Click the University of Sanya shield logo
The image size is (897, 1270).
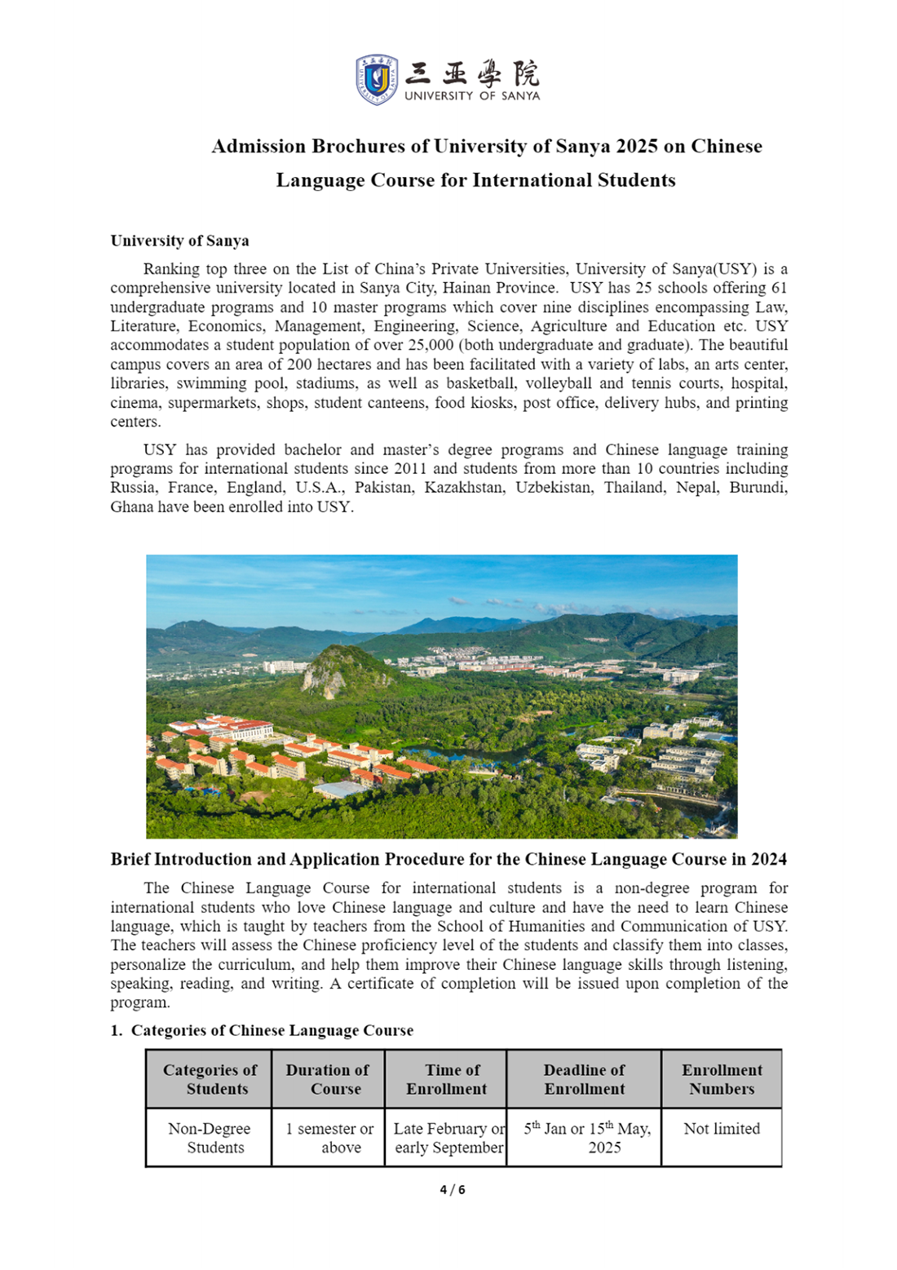click(377, 79)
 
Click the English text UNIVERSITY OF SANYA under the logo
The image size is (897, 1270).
click(472, 95)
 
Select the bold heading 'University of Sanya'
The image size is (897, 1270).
click(179, 241)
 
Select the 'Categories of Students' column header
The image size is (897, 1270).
click(210, 1079)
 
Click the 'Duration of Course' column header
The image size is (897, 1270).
click(328, 1079)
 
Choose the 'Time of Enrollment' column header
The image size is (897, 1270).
click(446, 1079)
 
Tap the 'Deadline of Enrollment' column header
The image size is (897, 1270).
click(584, 1079)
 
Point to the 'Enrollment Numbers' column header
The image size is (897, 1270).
click(722, 1079)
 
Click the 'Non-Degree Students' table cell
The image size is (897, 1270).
click(210, 1138)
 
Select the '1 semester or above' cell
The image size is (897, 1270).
click(329, 1138)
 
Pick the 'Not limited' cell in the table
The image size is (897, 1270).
click(722, 1129)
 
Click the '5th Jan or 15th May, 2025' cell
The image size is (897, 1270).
click(587, 1138)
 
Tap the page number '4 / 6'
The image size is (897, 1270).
click(453, 1190)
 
